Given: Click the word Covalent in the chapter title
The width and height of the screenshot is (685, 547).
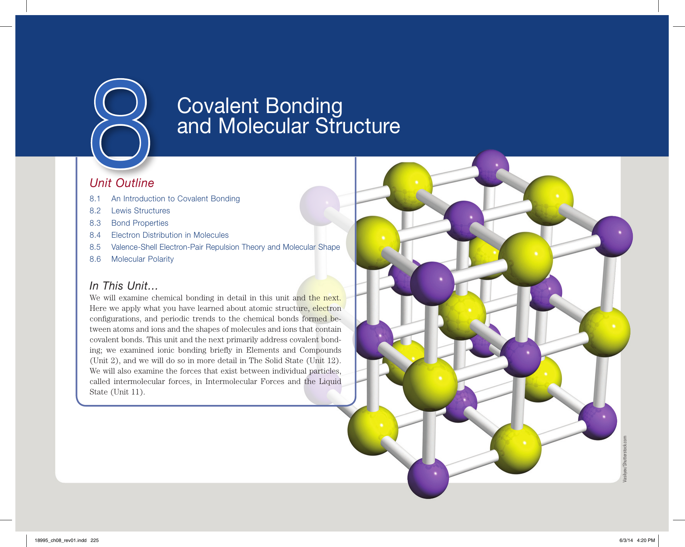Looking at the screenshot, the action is click(x=218, y=106).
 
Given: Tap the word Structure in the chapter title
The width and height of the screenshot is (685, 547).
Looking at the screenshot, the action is click(x=357, y=126).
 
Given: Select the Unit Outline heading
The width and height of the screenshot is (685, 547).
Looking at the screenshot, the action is click(x=122, y=183).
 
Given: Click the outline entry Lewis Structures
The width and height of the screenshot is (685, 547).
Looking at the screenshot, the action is click(x=141, y=211).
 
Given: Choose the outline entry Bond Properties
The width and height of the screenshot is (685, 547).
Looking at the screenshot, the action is click(x=140, y=223).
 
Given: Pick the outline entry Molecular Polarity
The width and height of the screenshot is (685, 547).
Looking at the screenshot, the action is click(x=142, y=259).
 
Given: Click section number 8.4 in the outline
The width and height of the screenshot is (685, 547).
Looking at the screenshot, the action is click(x=95, y=235).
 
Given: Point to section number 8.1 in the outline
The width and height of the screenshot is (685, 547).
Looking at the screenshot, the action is click(x=95, y=199).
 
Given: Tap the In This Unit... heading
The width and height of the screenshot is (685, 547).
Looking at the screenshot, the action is click(x=124, y=286).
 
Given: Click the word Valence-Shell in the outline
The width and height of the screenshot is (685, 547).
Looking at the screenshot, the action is click(x=134, y=247).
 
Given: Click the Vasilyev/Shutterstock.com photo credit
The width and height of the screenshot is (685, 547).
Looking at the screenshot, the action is click(x=625, y=459).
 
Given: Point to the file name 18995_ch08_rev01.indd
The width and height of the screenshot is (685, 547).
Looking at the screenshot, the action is click(x=60, y=540).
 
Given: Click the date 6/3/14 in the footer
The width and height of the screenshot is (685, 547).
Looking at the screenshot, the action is click(x=626, y=540).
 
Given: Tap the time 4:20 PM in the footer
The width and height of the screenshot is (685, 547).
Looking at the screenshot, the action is click(x=646, y=540).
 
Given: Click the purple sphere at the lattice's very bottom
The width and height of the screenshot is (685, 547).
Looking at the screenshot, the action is click(x=428, y=478).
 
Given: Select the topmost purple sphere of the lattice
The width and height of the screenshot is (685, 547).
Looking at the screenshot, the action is click(x=491, y=168).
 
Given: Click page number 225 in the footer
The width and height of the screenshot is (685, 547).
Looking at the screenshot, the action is click(x=95, y=540).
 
